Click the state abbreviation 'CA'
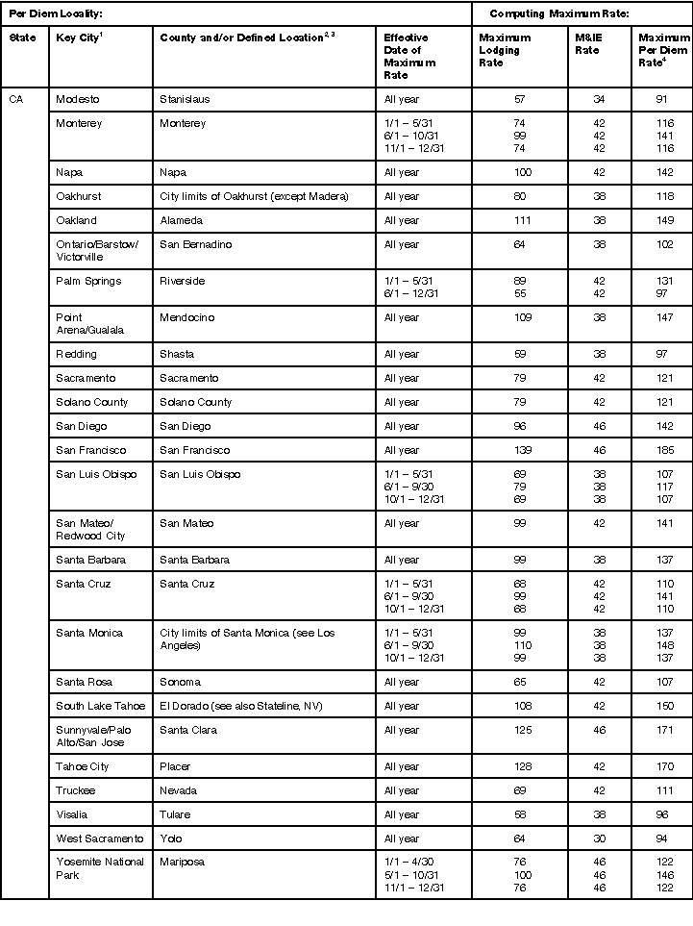pyautogui.click(x=16, y=100)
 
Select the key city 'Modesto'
pyautogui.click(x=78, y=100)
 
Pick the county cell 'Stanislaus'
pyautogui.click(x=185, y=100)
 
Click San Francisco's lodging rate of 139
pyautogui.click(x=519, y=450)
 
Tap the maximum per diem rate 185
pyautogui.click(x=663, y=450)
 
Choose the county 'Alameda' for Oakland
pyautogui.click(x=182, y=220)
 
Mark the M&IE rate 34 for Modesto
pyautogui.click(x=599, y=100)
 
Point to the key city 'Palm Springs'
pyautogui.click(x=88, y=281)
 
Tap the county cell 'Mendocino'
pyautogui.click(x=186, y=317)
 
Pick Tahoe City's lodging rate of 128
pyautogui.click(x=519, y=766)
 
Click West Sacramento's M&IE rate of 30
pyautogui.click(x=599, y=838)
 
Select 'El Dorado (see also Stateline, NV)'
pyautogui.click(x=241, y=706)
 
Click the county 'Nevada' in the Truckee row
pyautogui.click(x=179, y=790)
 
